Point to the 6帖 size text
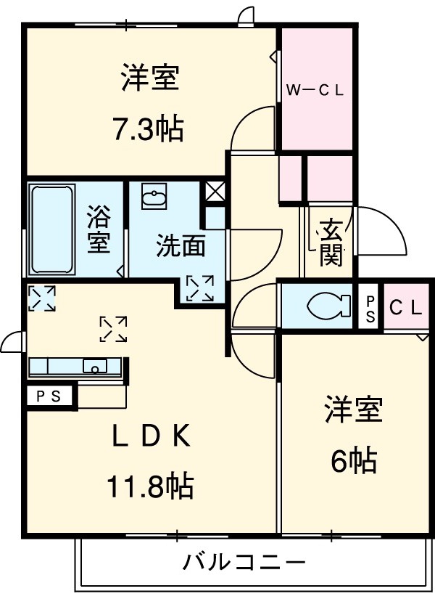pyautogui.click(x=353, y=459)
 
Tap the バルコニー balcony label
pyautogui.click(x=244, y=561)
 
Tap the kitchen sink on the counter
pyautogui.click(x=95, y=365)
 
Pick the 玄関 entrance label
pyautogui.click(x=331, y=243)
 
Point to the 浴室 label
pyautogui.click(x=99, y=229)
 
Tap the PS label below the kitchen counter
pyautogui.click(x=49, y=396)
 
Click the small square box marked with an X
pyautogui.click(x=215, y=192)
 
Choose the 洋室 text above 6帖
pyautogui.click(x=353, y=411)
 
